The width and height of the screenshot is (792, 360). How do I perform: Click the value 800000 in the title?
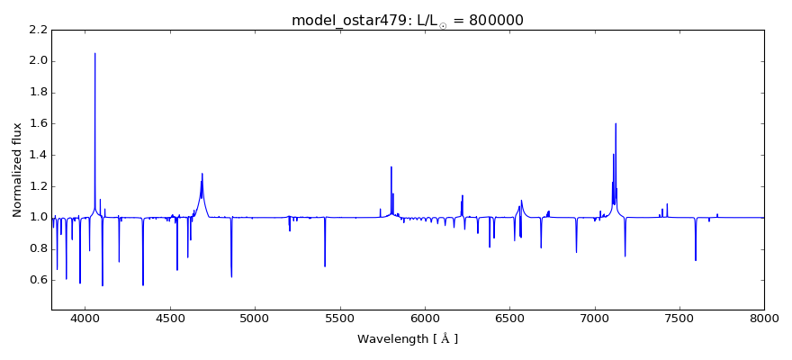pos(494,20)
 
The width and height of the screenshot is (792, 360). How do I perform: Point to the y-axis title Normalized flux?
pos(17,170)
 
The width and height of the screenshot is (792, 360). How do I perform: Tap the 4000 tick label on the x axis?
pos(85,318)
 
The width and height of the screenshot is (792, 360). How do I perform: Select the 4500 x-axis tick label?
pos(170,318)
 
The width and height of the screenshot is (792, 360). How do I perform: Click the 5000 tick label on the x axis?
pos(255,318)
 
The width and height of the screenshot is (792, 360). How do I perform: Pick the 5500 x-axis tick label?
pos(339,318)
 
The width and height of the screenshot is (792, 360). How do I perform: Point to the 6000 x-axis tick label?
pos(425,318)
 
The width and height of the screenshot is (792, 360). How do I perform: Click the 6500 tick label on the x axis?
pos(509,318)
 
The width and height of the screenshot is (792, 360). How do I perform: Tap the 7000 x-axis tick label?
pos(594,318)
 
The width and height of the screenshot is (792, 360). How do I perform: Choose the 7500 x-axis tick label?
pos(679,318)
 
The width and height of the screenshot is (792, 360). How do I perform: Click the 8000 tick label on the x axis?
pos(764,318)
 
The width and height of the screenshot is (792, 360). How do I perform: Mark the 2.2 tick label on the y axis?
pos(37,30)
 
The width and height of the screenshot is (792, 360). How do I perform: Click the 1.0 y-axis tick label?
pos(37,217)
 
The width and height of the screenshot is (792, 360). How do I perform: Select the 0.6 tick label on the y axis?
pos(37,280)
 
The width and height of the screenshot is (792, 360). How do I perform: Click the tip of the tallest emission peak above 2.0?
pos(94,53)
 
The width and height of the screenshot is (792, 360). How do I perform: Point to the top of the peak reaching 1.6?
pos(616,123)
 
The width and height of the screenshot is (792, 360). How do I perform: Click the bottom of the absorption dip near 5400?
pos(325,266)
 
